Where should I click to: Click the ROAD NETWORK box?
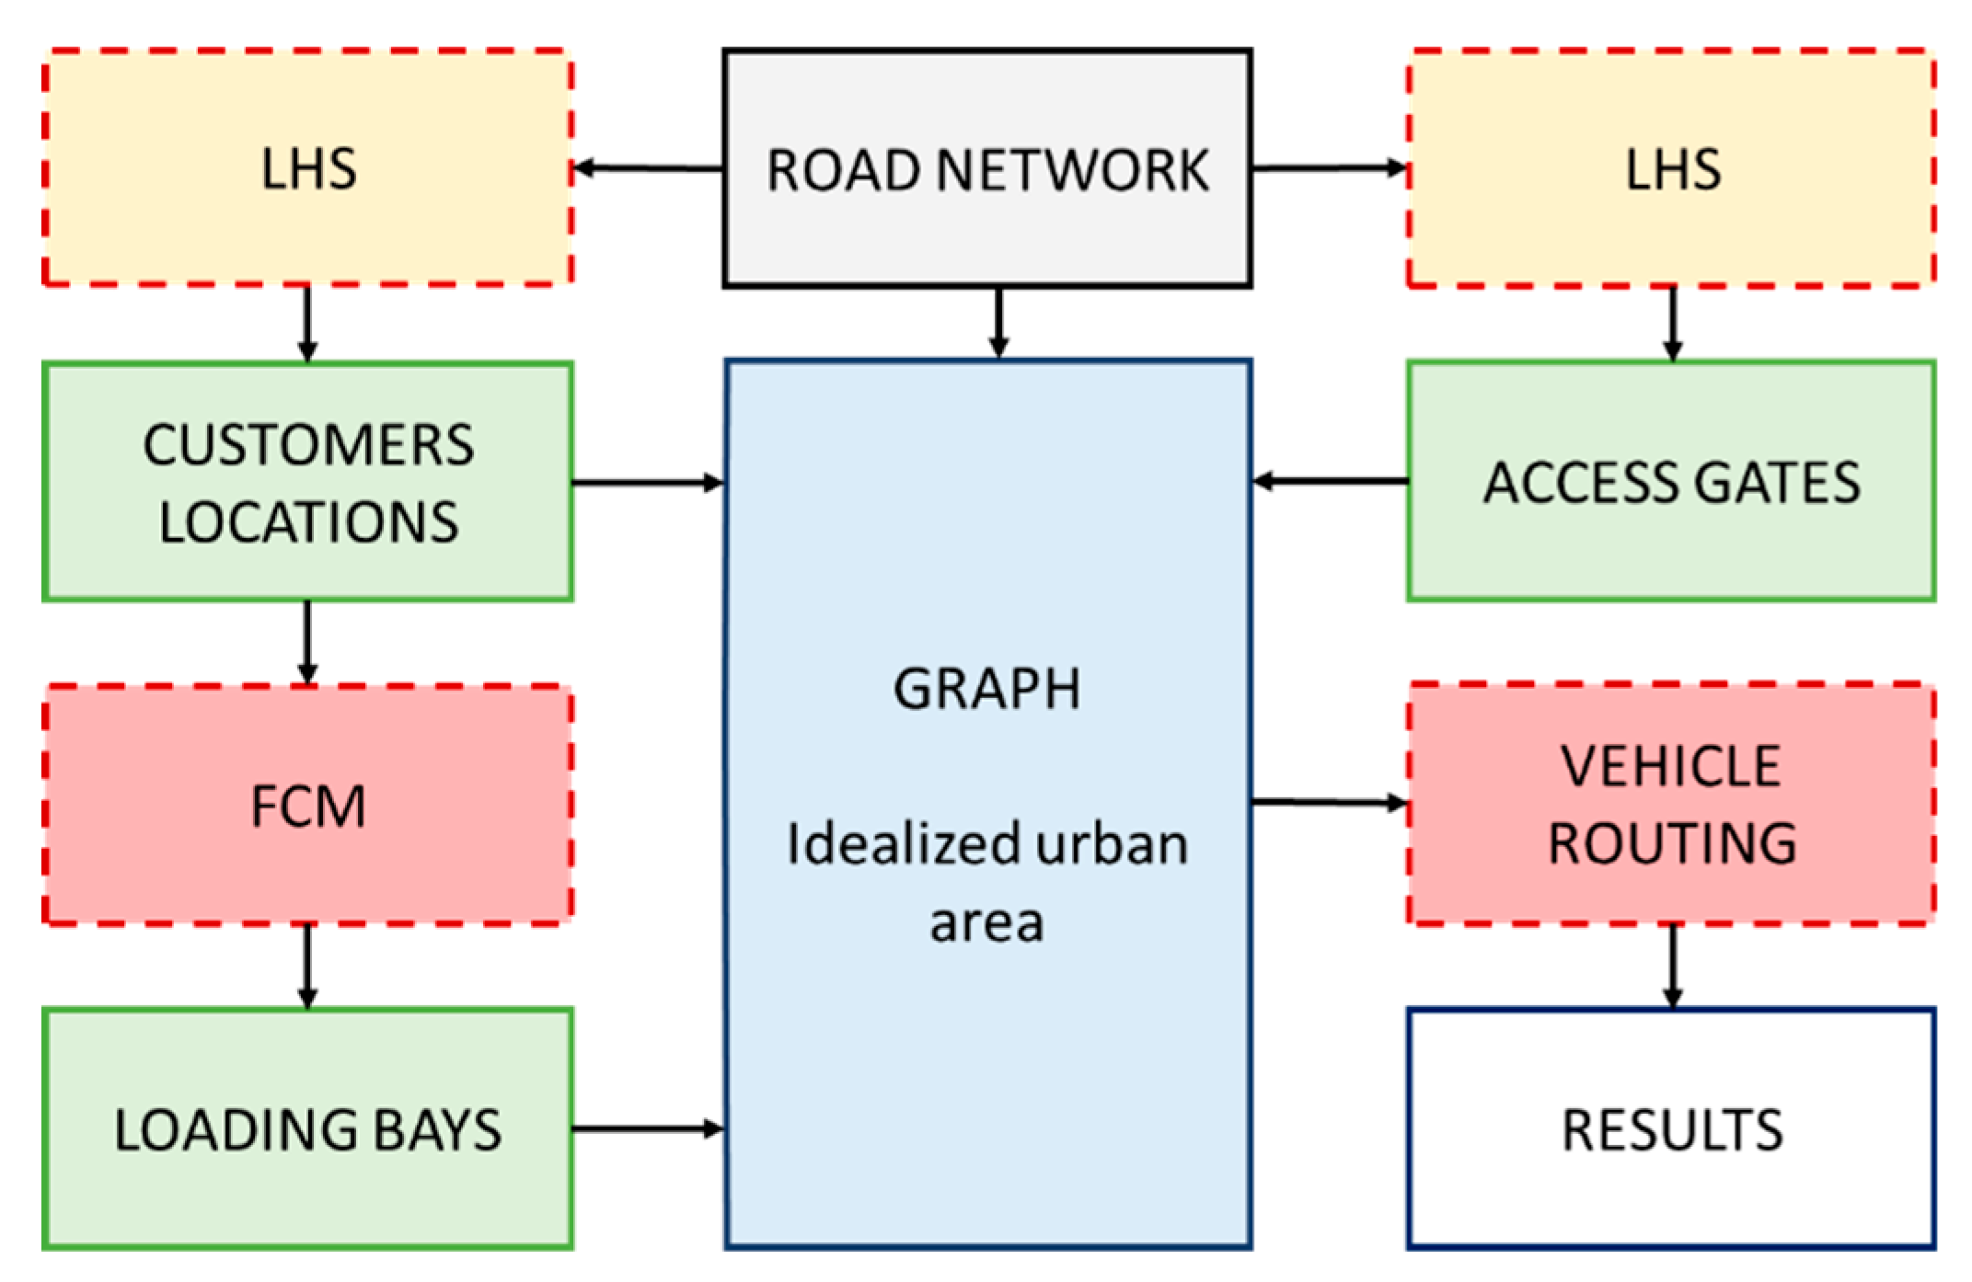point(986,169)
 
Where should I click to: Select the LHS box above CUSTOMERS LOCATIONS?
point(307,168)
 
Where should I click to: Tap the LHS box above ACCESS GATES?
point(1670,168)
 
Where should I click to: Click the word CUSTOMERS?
point(308,446)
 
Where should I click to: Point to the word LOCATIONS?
point(308,522)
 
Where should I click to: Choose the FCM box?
point(307,806)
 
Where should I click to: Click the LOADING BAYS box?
point(307,1128)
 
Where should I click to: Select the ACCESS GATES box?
point(1670,482)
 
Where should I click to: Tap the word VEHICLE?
point(1670,766)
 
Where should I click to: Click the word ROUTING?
point(1672,842)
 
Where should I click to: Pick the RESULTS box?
point(1670,1128)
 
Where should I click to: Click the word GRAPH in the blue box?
point(986,689)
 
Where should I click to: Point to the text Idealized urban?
point(986,844)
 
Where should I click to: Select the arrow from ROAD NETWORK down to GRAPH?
point(998,323)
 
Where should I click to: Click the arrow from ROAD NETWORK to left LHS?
point(648,168)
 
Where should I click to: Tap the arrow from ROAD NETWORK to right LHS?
point(1329,168)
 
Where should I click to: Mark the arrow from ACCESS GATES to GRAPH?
point(1329,481)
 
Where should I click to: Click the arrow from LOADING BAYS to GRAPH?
point(648,1128)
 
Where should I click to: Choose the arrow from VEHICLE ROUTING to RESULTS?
point(1672,966)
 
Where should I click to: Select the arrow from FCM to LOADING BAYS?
point(307,966)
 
